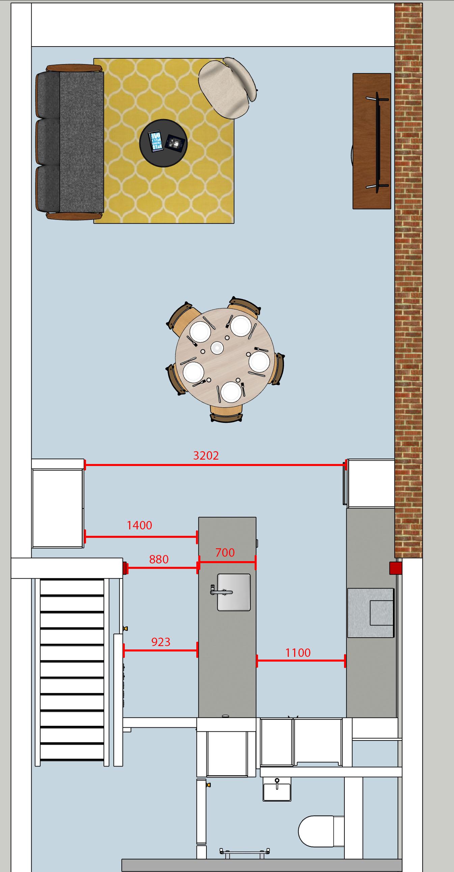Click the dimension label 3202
206,455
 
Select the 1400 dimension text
139,525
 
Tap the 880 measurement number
159,559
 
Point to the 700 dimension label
225,552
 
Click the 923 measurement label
161,642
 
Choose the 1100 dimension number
298,652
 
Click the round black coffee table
164,143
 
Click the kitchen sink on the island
234,592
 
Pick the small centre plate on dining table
217,348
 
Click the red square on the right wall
395,568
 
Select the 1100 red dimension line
301,661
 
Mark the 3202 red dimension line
215,465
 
